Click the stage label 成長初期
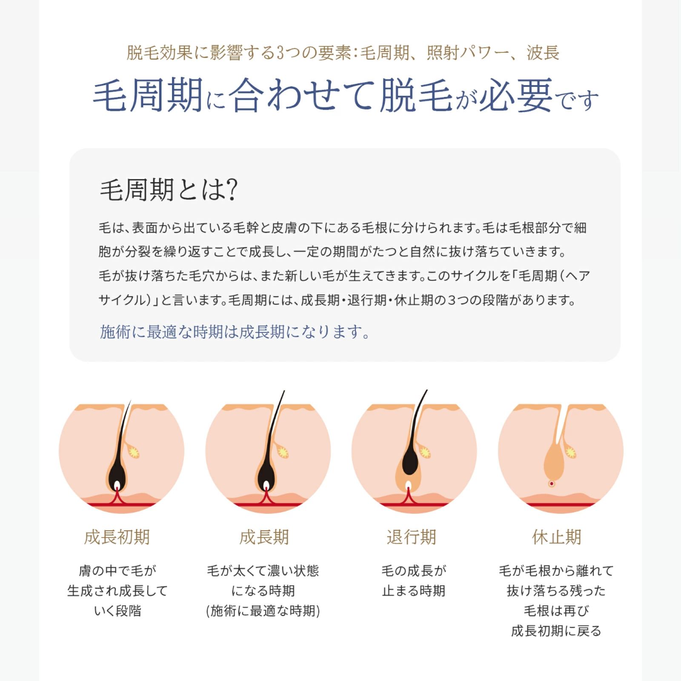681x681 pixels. (x=117, y=537)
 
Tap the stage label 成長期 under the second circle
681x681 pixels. (x=264, y=537)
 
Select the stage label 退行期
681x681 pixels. (x=411, y=537)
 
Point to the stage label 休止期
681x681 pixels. (x=556, y=537)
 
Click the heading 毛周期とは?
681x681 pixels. (x=169, y=190)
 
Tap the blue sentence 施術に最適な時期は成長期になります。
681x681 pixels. (x=235, y=332)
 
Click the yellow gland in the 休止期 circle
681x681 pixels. (x=570, y=452)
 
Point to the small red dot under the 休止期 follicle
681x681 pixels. (x=552, y=484)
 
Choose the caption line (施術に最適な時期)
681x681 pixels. (x=263, y=611)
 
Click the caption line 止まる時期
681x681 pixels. (x=413, y=591)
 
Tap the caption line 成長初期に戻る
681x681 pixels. (x=556, y=631)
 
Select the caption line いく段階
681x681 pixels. (x=117, y=611)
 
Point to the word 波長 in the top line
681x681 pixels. (x=543, y=53)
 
